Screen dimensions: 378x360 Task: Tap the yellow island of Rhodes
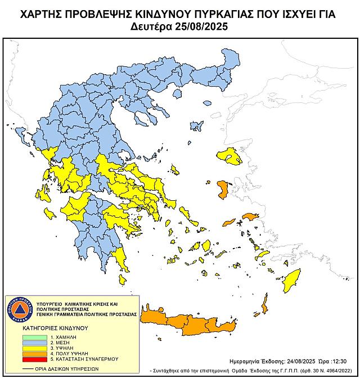pyautogui.click(x=291, y=280)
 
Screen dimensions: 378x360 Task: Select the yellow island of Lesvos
pyautogui.click(x=229, y=154)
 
